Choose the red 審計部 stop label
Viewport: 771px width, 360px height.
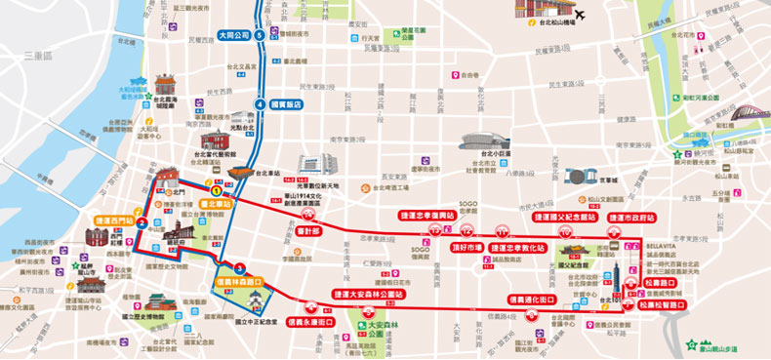click(308, 232)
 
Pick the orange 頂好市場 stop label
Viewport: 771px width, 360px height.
click(468, 248)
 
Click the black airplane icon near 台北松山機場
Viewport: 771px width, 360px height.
click(579, 14)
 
